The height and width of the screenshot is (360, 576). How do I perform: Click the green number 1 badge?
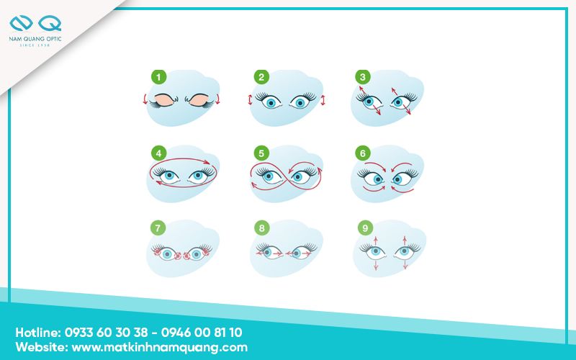coord(158,77)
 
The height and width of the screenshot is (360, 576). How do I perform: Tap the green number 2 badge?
coord(261,77)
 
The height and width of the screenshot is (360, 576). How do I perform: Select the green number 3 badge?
coord(363,77)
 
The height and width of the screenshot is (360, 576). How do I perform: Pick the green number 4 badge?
coord(158,153)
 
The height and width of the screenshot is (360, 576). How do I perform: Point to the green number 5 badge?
coord(261,153)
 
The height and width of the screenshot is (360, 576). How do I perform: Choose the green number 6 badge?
coord(363,153)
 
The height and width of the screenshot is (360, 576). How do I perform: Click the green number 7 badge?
coord(158,228)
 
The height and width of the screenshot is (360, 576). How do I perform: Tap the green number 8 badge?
coord(261,228)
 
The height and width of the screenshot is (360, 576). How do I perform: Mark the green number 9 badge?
coord(365,228)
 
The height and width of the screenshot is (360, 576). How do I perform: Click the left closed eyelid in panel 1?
coord(164,100)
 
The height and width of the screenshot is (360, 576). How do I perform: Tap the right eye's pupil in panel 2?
coord(300,103)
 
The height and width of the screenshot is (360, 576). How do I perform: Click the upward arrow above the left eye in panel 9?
coord(375,240)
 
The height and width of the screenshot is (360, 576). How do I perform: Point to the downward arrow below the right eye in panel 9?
coord(405,264)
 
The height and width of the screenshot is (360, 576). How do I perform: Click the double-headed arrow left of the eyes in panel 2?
coord(250,100)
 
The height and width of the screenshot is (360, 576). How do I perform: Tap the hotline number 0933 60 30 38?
coord(106,333)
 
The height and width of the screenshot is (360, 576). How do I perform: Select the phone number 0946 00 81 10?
coord(202,333)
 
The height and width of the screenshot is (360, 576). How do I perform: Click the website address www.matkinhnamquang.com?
coord(159,348)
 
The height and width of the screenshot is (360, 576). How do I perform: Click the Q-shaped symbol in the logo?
coord(50,23)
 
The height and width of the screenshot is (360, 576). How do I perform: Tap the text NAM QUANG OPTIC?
coord(35,39)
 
